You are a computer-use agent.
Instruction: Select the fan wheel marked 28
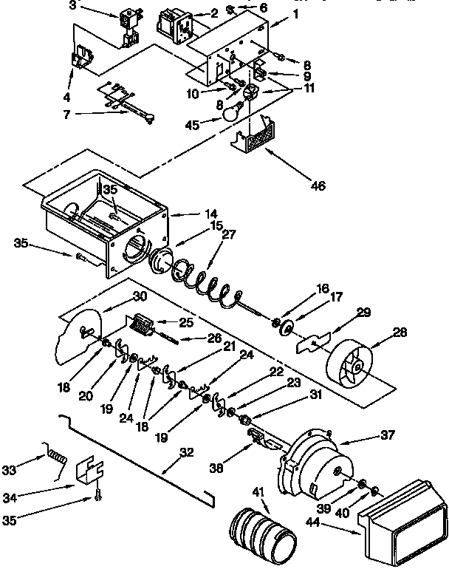coord(353,364)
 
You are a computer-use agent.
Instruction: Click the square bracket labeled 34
coord(89,471)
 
